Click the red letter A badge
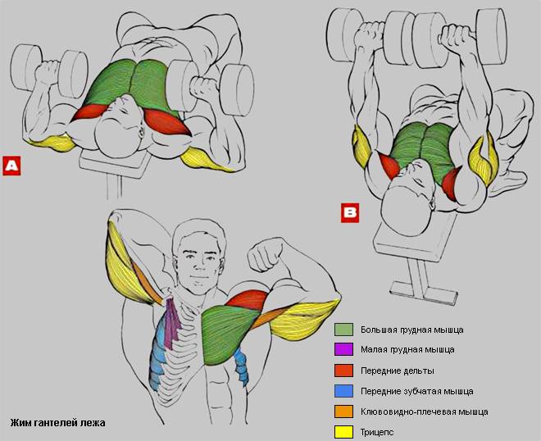[x=11, y=166]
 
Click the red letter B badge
[x=350, y=212]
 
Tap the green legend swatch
[x=343, y=330]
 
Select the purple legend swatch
[x=343, y=349]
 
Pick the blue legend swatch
[x=343, y=391]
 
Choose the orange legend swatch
[x=343, y=411]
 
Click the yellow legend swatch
[x=343, y=432]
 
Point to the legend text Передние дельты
[x=397, y=371]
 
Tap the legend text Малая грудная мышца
[x=407, y=349]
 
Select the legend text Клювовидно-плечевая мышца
[x=425, y=411]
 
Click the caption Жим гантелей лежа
[x=57, y=423]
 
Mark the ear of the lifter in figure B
[x=431, y=204]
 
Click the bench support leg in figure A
[x=114, y=186]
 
